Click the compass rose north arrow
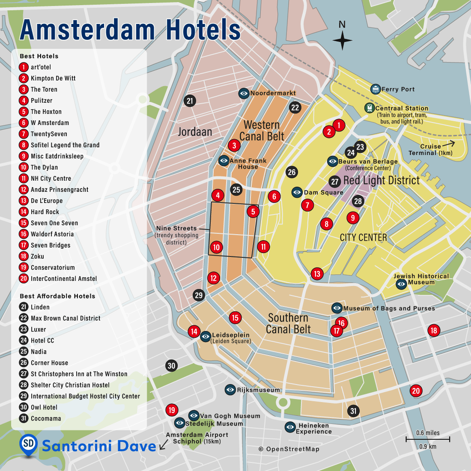[x=342, y=40]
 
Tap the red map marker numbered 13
[x=317, y=274]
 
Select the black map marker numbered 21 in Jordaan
[x=190, y=101]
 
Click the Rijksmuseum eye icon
[x=230, y=390]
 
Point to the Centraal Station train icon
[x=370, y=108]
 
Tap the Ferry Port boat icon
[x=376, y=89]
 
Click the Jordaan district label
[x=195, y=132]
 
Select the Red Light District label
[x=382, y=180]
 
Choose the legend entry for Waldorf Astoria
[x=52, y=234]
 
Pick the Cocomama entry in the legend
[x=46, y=418]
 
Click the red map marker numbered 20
[x=416, y=391]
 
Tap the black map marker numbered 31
[x=353, y=411]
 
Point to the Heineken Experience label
[x=314, y=429]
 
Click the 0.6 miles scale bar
[x=428, y=439]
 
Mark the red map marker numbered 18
[x=434, y=330]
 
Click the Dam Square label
[x=323, y=193]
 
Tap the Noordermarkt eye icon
[x=244, y=93]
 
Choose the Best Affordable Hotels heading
[x=57, y=296]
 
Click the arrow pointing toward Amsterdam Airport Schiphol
[x=163, y=446]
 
